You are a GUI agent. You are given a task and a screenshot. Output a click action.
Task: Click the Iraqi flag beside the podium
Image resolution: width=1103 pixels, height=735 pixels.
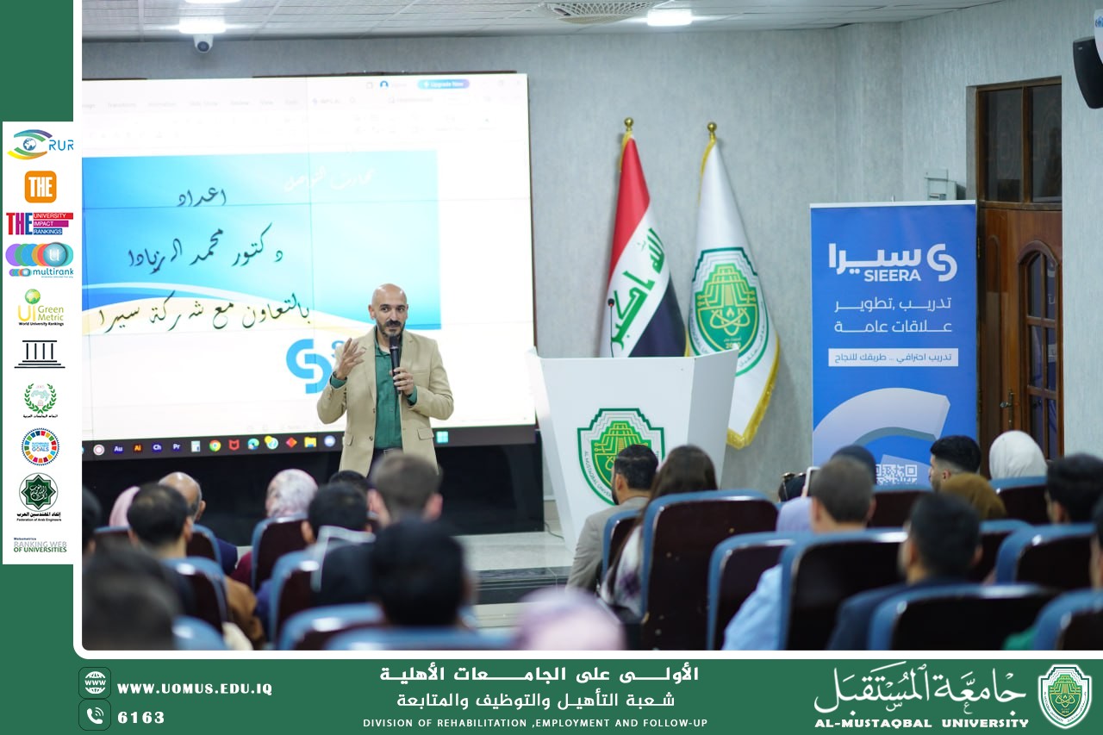(641, 258)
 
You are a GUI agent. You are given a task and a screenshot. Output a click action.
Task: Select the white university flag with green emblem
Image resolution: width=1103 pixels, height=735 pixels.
(729, 293)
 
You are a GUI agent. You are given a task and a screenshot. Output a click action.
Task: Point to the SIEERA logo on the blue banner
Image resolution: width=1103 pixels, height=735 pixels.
(893, 262)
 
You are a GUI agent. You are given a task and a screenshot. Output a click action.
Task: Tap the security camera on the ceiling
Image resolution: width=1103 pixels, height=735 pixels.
(203, 43)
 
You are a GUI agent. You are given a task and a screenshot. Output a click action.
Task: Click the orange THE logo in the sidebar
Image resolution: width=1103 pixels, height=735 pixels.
(40, 186)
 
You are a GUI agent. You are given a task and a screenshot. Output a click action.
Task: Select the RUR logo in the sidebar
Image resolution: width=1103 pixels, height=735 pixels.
(40, 144)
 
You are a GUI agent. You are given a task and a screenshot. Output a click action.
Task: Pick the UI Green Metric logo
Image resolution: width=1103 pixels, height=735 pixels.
(40, 308)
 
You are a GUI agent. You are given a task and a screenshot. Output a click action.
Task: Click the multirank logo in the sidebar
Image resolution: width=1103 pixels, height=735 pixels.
(40, 259)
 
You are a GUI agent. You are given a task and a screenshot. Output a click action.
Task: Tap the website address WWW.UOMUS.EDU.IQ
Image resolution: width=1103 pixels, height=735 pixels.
(194, 688)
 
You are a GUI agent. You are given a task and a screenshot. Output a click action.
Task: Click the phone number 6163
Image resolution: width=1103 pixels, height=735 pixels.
(140, 717)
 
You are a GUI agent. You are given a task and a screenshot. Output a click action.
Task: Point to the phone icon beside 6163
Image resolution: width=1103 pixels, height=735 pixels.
(95, 715)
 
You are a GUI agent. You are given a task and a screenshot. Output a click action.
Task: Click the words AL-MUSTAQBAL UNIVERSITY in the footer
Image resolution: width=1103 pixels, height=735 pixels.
(921, 723)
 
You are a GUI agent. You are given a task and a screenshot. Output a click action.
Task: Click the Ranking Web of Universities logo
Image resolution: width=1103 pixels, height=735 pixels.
(40, 545)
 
